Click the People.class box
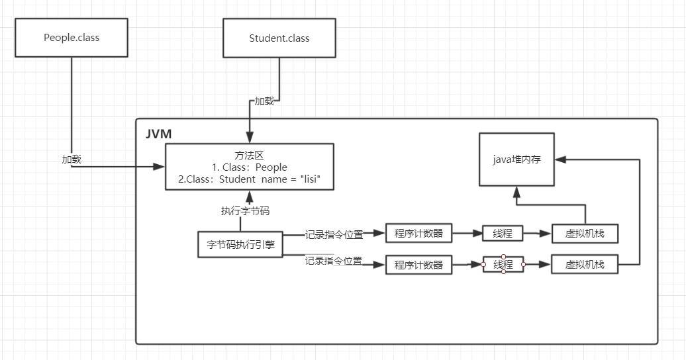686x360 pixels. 72,38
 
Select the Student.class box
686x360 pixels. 279,38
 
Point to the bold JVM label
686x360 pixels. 158,134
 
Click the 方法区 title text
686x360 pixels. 250,156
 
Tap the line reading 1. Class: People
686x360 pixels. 250,167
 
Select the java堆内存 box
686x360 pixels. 516,159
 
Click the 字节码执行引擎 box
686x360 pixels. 240,244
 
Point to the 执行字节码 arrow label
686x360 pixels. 245,211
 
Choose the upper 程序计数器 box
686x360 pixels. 418,233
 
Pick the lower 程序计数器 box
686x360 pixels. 418,265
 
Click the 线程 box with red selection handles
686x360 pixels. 503,264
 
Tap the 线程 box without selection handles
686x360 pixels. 503,233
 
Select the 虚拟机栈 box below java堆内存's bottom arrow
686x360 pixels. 585,233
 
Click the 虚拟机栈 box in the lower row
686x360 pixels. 585,264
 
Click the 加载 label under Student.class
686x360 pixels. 264,101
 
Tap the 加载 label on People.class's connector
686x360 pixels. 72,159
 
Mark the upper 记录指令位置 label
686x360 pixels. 334,235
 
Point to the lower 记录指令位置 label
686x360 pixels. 334,261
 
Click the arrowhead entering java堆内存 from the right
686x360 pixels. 561,159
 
